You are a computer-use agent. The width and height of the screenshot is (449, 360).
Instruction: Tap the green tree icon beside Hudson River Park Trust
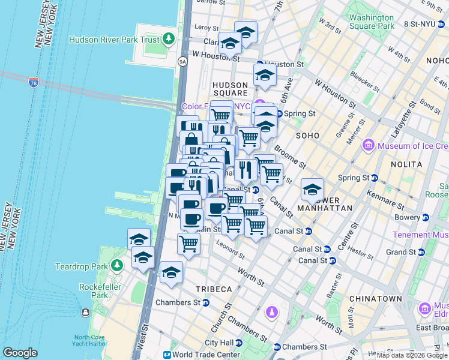pyautogui.click(x=169, y=40)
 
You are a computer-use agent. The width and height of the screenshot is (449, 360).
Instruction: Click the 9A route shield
pyautogui.click(x=183, y=61)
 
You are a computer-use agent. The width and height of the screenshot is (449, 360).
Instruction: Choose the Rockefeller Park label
pyautogui.click(x=93, y=291)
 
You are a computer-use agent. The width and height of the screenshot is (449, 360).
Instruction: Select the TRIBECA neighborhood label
pyautogui.click(x=214, y=289)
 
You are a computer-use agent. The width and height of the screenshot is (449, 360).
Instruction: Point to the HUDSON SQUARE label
pyautogui.click(x=231, y=89)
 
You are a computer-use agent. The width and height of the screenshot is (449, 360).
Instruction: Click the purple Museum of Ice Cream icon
pyautogui.click(x=368, y=146)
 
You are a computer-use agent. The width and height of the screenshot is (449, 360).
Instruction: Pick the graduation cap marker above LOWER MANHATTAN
pyautogui.click(x=312, y=190)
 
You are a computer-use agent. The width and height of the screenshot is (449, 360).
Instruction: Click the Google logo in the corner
pyautogui.click(x=20, y=353)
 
